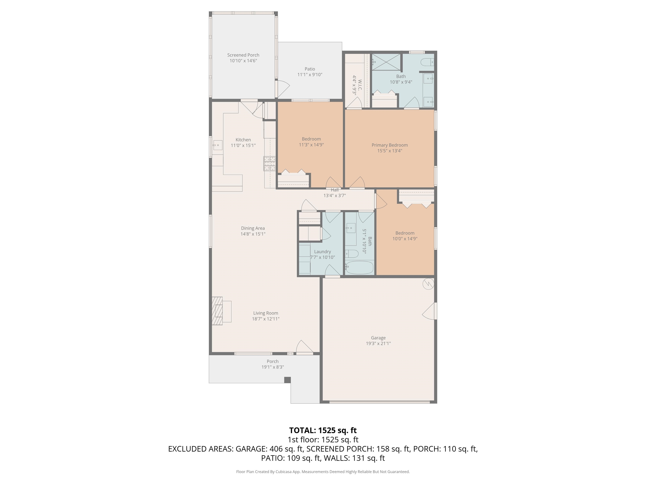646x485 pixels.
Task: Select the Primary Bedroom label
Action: (x=390, y=145)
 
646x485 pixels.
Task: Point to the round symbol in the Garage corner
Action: (x=428, y=284)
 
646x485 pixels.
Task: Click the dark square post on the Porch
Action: (x=287, y=380)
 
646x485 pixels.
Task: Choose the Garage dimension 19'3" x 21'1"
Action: (x=378, y=344)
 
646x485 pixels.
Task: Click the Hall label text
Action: (x=335, y=190)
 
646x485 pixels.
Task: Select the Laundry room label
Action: (x=322, y=252)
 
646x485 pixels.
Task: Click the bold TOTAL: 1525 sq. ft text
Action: (x=323, y=430)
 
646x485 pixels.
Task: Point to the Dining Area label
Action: (x=253, y=228)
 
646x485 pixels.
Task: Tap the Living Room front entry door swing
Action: (x=305, y=346)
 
